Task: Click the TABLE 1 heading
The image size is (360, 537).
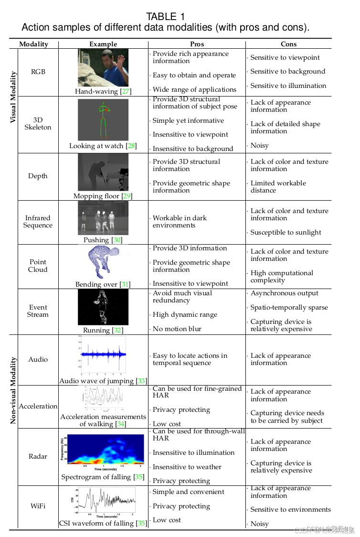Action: point(165,17)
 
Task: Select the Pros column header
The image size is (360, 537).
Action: point(197,44)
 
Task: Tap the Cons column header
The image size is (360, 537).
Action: point(288,44)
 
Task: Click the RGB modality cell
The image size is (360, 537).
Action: point(38,72)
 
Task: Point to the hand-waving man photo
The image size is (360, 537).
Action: point(103,67)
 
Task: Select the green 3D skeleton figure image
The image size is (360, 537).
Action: point(103,119)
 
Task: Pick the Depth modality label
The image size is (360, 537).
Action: point(38,176)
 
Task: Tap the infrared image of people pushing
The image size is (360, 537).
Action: point(103,218)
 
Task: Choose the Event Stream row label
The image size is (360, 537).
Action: point(38,311)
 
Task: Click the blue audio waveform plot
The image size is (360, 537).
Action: point(103,354)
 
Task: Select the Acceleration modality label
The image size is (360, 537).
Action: point(38,406)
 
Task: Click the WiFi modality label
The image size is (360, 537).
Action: point(38,505)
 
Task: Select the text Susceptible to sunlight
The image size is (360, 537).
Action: point(286,233)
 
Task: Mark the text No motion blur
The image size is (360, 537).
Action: point(177,329)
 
